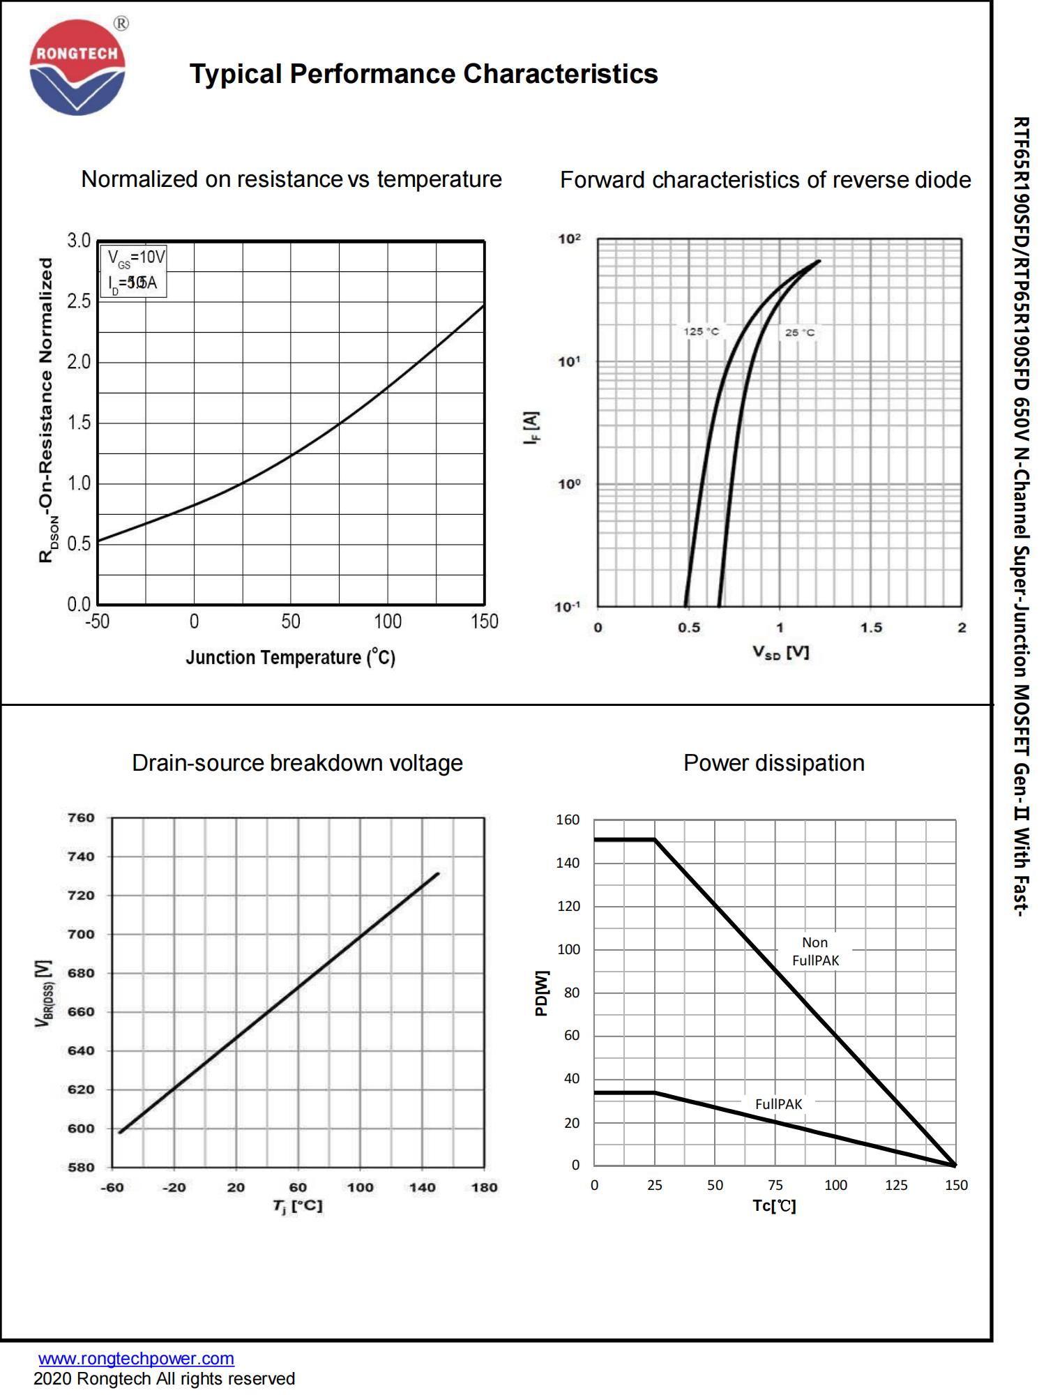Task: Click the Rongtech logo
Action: pyautogui.click(x=77, y=68)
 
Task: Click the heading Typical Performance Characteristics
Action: pyautogui.click(x=423, y=74)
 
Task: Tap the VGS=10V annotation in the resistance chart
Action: pyautogui.click(x=137, y=258)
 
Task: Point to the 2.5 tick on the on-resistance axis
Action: pyautogui.click(x=79, y=301)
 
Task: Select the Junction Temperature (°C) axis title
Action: pyautogui.click(x=290, y=658)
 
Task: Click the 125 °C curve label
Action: pyautogui.click(x=701, y=331)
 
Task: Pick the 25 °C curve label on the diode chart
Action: pyautogui.click(x=799, y=333)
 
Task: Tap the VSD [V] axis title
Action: pyautogui.click(x=780, y=653)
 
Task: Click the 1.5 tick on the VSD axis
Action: pyautogui.click(x=870, y=628)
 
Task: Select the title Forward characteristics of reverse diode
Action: pyautogui.click(x=765, y=180)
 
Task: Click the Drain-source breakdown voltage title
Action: pyautogui.click(x=297, y=763)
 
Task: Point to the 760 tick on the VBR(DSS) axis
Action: pyautogui.click(x=81, y=817)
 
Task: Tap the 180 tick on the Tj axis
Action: pyautogui.click(x=484, y=1187)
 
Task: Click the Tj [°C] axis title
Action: pyautogui.click(x=298, y=1206)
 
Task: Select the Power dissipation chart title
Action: pyautogui.click(x=773, y=763)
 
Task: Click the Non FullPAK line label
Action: pyautogui.click(x=815, y=951)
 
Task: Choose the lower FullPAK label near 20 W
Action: pyautogui.click(x=778, y=1104)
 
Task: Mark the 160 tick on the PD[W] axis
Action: pyautogui.click(x=568, y=820)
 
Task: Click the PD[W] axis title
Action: pyautogui.click(x=542, y=993)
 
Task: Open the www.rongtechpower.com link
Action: pyautogui.click(x=136, y=1359)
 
